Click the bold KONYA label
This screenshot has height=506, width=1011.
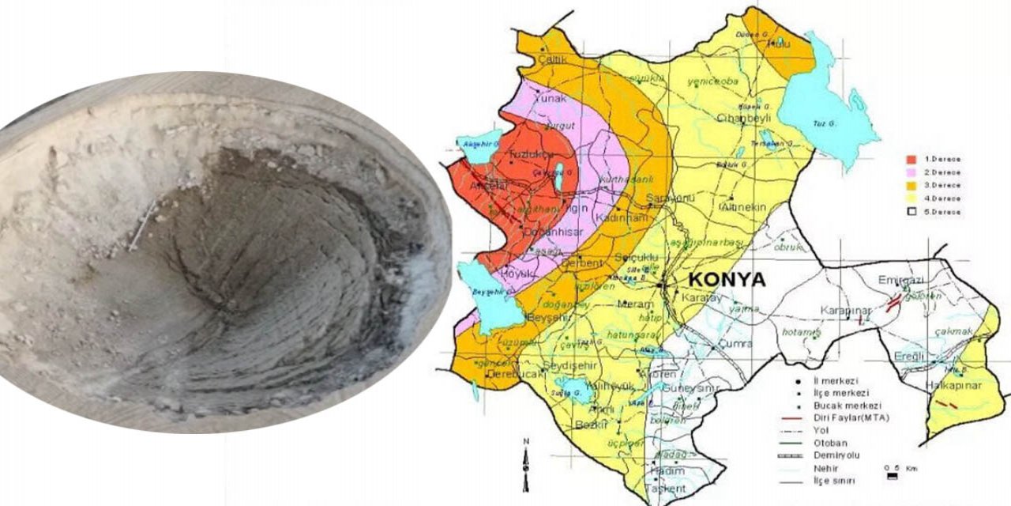point(727,280)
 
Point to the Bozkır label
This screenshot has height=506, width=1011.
point(590,425)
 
